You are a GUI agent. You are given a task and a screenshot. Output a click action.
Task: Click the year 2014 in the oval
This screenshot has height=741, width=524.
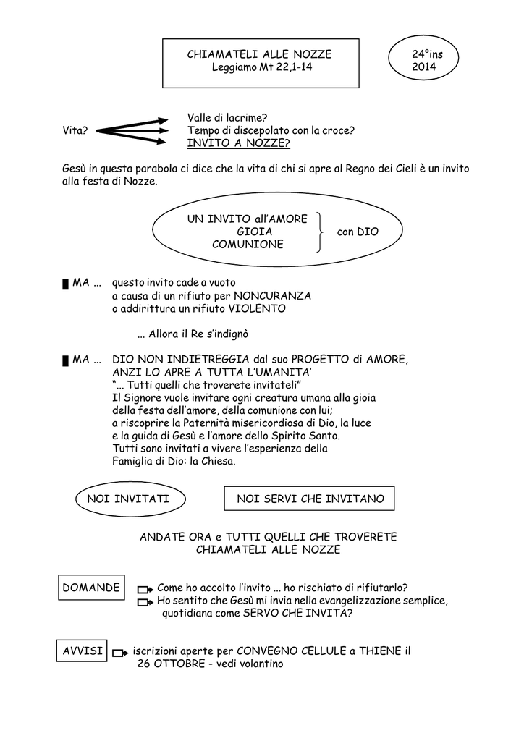click(x=423, y=67)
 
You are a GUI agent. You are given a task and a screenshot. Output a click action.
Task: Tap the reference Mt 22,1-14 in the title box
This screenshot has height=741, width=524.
click(x=286, y=67)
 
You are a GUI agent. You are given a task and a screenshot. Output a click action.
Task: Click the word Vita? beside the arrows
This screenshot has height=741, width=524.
click(x=75, y=130)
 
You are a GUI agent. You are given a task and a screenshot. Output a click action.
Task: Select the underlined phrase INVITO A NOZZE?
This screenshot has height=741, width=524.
click(x=239, y=143)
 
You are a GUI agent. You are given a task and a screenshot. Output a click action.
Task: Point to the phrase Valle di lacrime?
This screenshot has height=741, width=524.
click(x=227, y=118)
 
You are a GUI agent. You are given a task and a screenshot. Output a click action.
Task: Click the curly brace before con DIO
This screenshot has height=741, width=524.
click(x=321, y=232)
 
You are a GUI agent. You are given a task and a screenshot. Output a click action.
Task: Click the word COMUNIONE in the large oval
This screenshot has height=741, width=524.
click(x=248, y=245)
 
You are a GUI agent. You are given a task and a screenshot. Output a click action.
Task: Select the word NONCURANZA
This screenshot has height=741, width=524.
click(x=273, y=296)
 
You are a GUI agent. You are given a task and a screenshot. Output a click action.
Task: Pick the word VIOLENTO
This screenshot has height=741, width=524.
click(x=257, y=308)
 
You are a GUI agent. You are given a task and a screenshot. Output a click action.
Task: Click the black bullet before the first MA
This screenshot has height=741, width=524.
click(x=66, y=284)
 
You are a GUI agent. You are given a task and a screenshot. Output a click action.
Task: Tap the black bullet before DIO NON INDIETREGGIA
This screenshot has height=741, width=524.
click(x=66, y=361)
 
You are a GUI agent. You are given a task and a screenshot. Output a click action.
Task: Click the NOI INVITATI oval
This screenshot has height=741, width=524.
click(x=130, y=499)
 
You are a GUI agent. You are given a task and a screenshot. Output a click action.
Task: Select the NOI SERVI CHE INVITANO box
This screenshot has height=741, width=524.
click(x=309, y=499)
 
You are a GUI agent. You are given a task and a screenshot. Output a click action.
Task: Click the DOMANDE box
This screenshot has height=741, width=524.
click(x=91, y=588)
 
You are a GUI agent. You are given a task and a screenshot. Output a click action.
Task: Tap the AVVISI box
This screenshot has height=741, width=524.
click(x=82, y=651)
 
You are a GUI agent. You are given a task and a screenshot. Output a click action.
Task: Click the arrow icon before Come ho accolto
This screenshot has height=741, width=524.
click(x=145, y=590)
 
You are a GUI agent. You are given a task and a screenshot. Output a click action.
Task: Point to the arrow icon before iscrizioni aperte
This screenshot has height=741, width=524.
click(x=120, y=653)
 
